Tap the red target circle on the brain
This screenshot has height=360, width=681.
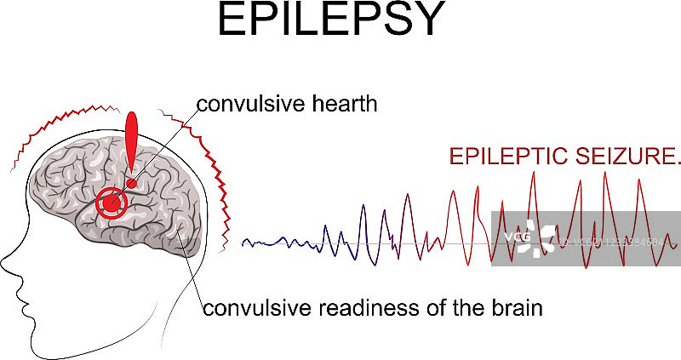coord(111,203)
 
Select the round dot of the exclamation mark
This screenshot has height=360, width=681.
coord(132,183)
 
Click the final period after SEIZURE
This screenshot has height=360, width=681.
coord(678,163)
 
